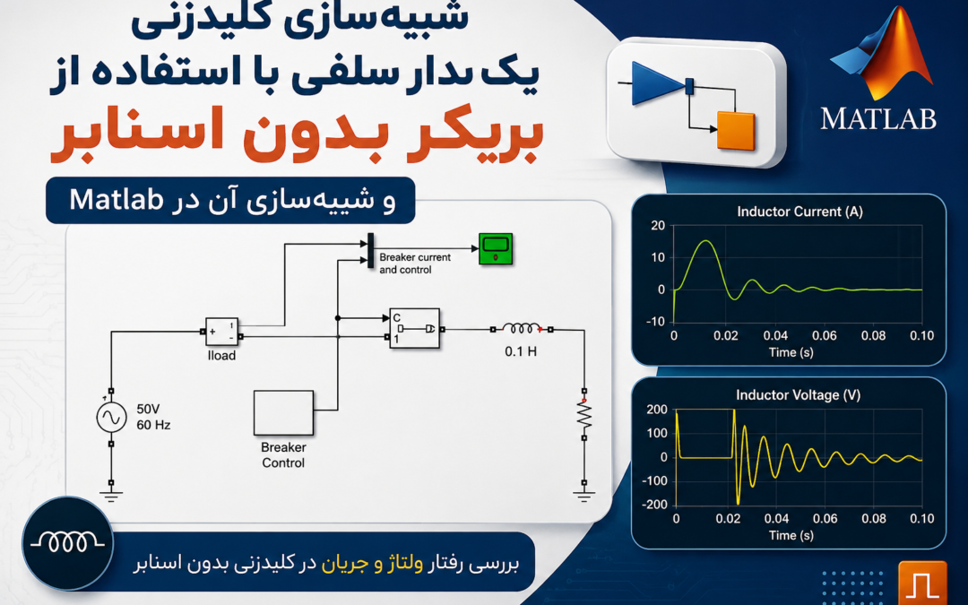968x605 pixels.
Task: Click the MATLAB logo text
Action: point(877,118)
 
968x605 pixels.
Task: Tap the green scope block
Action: point(496,249)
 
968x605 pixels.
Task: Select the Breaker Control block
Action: point(283,412)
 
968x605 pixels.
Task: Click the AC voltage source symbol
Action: point(112,418)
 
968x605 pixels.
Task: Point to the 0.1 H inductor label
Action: point(521,351)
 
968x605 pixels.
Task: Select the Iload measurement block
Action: point(221,332)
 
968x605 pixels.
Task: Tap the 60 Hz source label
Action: point(153,426)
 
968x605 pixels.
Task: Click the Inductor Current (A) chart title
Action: point(799,212)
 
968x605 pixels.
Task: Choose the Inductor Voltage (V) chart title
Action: point(798,395)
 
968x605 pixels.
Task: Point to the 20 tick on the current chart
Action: point(658,225)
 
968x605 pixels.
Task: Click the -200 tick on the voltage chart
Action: point(656,505)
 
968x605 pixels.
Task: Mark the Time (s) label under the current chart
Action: point(791,352)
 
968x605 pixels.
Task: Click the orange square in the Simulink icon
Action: point(736,131)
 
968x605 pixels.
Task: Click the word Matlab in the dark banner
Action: point(117,199)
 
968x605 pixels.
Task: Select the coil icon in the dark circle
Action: point(67,542)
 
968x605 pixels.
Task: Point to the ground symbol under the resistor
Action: point(584,494)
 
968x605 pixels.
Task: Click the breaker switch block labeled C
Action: point(415,328)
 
